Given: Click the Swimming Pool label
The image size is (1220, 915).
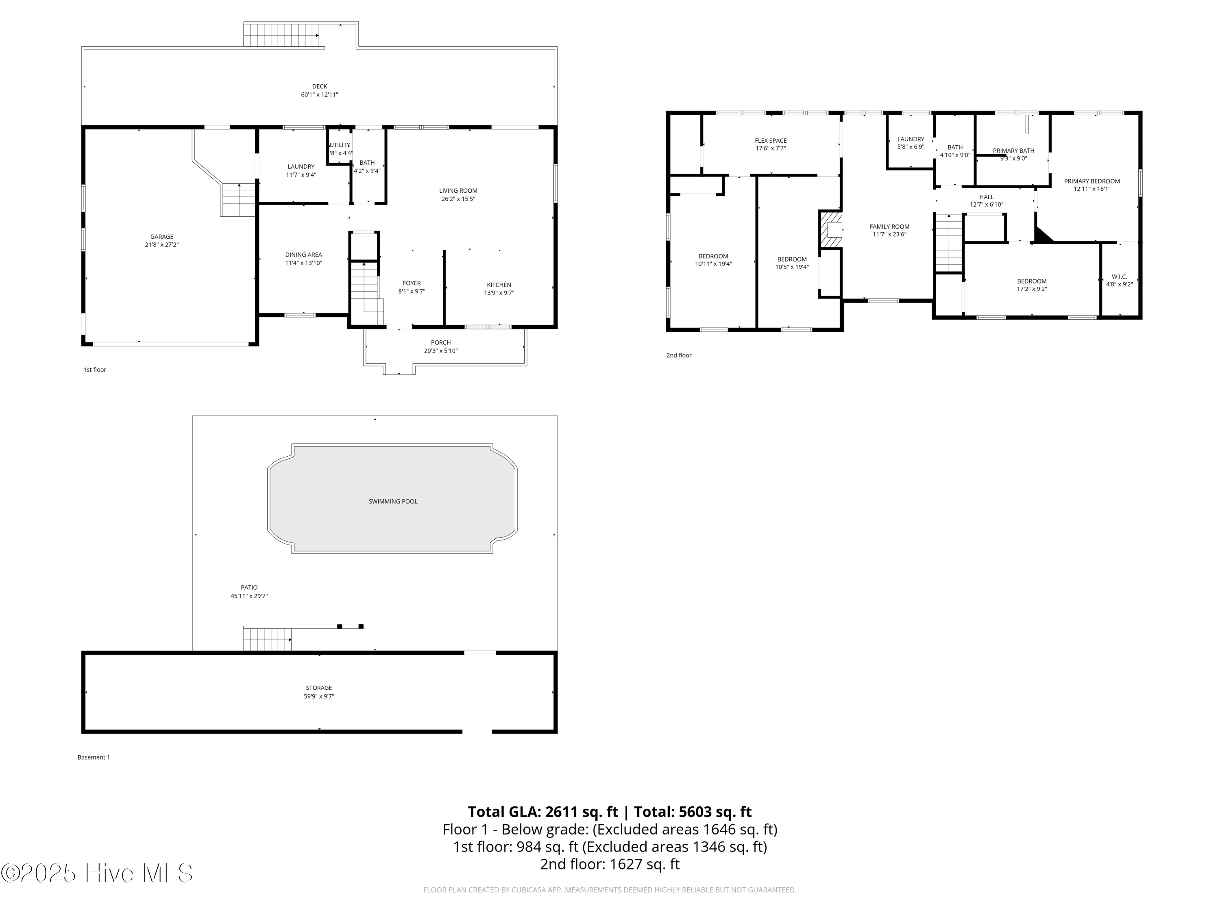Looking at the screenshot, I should [x=393, y=501].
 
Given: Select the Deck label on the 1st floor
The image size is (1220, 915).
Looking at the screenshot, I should [x=319, y=86].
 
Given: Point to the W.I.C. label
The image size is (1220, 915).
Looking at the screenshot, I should [x=1119, y=277].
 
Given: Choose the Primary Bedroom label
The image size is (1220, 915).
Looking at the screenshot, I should [x=1091, y=181].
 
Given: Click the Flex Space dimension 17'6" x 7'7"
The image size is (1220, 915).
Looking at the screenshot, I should [x=771, y=148].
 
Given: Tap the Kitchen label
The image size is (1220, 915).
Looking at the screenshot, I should [x=499, y=285].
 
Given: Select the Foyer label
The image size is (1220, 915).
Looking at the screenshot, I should [x=412, y=283].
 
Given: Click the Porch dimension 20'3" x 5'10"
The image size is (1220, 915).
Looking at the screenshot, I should [x=441, y=351].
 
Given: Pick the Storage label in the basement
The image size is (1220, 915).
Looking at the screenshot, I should [x=319, y=688].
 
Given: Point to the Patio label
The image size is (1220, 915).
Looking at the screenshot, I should [x=249, y=587].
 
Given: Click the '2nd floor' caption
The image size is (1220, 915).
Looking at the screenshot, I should [x=678, y=355].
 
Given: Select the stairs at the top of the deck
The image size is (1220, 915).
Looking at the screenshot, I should [x=281, y=35].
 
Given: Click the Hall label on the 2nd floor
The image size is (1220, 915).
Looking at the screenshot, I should [x=986, y=197].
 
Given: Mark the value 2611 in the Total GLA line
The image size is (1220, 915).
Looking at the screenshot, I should [x=562, y=812].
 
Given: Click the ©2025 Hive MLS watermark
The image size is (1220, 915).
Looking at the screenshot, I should [x=96, y=873].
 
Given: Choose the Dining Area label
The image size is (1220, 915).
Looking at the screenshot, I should [x=303, y=255].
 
